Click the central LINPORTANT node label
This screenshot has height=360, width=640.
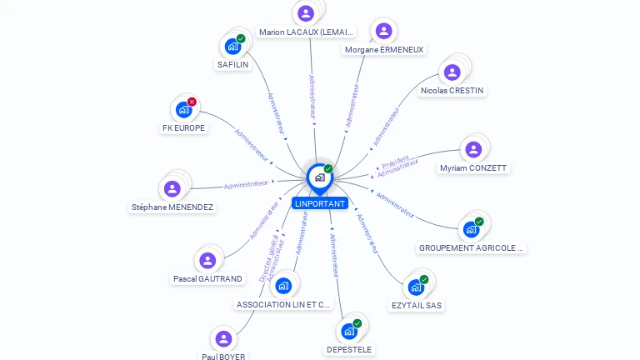click(319, 203)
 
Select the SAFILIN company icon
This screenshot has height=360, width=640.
click(232, 47)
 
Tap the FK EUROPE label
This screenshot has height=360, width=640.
click(183, 128)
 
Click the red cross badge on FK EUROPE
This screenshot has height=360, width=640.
click(192, 102)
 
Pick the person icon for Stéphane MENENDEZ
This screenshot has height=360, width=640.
click(172, 188)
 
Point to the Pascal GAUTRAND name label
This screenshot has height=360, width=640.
click(207, 279)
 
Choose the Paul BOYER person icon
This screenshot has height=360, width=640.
click(223, 339)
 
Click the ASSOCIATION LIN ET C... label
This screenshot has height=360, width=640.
click(283, 305)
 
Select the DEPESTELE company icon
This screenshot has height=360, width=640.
click(349, 331)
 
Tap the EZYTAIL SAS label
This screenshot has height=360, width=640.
click(417, 306)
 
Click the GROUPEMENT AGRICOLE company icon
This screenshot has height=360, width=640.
click(471, 229)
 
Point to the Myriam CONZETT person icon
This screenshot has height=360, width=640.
click(473, 150)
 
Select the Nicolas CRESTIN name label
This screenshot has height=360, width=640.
click(452, 90)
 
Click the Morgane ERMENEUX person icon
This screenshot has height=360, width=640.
click(383, 32)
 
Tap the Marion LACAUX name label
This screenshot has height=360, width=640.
click(307, 32)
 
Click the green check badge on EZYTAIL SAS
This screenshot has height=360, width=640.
click(424, 279)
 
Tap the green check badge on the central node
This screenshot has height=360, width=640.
click(328, 169)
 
